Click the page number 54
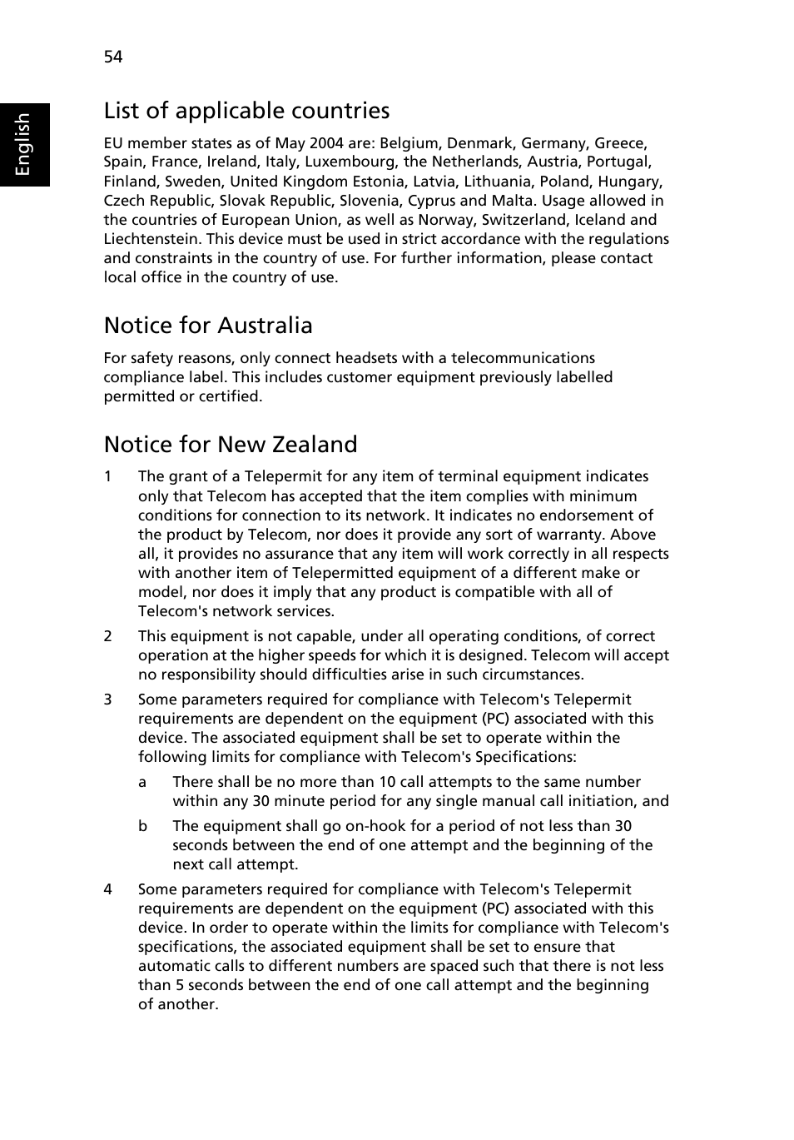[113, 57]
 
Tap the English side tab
[23, 144]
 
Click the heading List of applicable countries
[246, 111]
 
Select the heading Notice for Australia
[208, 326]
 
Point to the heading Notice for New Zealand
[231, 445]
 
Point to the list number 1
[107, 477]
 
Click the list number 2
[107, 636]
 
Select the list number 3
[107, 699]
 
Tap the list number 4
[107, 889]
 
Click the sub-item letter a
[142, 782]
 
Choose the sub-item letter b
[142, 826]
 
